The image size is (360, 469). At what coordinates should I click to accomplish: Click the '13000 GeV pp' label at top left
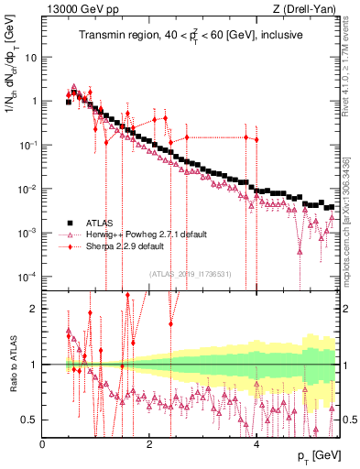(77, 8)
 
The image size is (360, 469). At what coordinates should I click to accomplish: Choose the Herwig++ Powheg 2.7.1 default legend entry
(137, 234)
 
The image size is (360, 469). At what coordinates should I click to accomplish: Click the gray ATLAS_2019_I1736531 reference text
(191, 272)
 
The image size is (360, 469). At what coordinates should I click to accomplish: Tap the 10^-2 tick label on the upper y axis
(27, 189)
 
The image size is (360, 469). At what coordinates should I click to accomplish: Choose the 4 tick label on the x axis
(256, 444)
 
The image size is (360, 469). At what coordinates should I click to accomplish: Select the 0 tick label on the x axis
(43, 444)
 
